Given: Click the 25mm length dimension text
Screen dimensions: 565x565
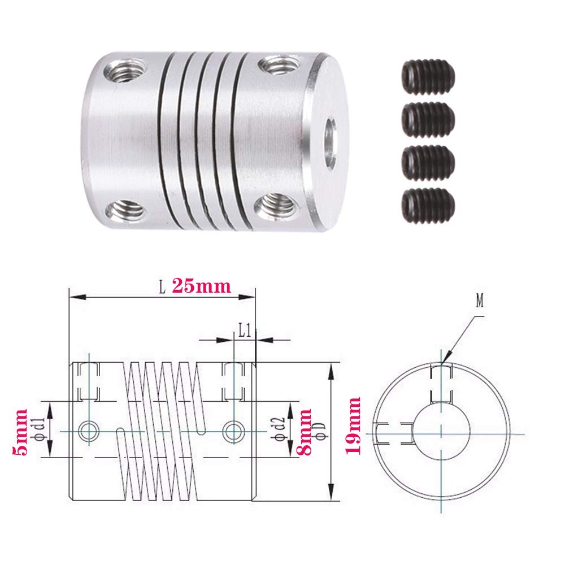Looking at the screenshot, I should pyautogui.click(x=201, y=286).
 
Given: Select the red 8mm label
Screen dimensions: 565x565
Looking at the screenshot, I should pyautogui.click(x=306, y=433).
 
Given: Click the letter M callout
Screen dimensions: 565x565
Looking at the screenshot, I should pyautogui.click(x=480, y=301).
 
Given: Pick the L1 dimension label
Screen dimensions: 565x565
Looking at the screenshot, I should pyautogui.click(x=244, y=330).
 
